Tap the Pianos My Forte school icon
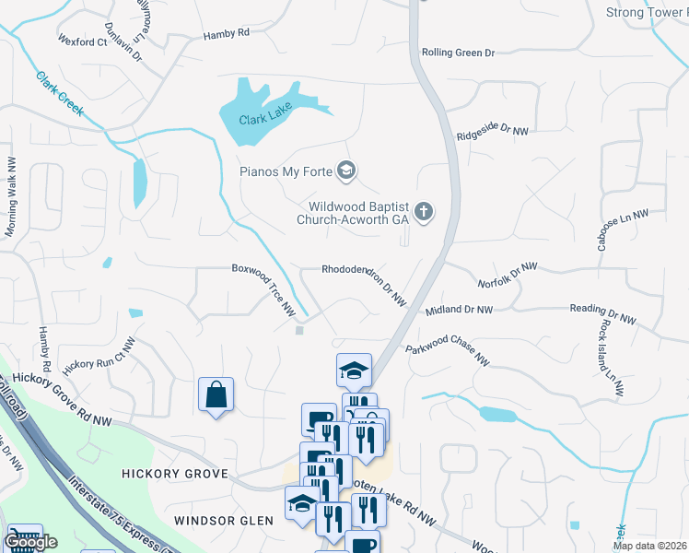346,171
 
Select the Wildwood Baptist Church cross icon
424,213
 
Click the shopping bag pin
216,395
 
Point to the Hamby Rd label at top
227,33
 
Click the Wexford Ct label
83,41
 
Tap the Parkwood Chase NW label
447,355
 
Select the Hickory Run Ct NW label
99,352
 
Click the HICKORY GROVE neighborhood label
175,473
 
